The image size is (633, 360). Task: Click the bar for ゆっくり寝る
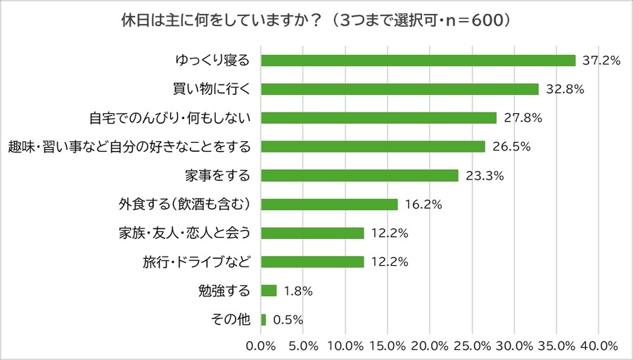[418, 60]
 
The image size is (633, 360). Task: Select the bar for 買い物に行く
[399, 89]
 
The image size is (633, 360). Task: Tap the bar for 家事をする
[359, 176]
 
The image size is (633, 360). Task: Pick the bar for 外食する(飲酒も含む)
[329, 205]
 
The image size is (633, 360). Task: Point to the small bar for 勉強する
[269, 290]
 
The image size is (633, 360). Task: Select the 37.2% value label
[601, 61]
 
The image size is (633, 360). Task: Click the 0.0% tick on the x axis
[262, 346]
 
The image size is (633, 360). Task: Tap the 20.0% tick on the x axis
[430, 346]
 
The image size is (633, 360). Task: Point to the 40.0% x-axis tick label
[599, 346]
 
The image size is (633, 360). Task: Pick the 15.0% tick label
[388, 346]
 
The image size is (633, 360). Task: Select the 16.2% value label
[423, 205]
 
